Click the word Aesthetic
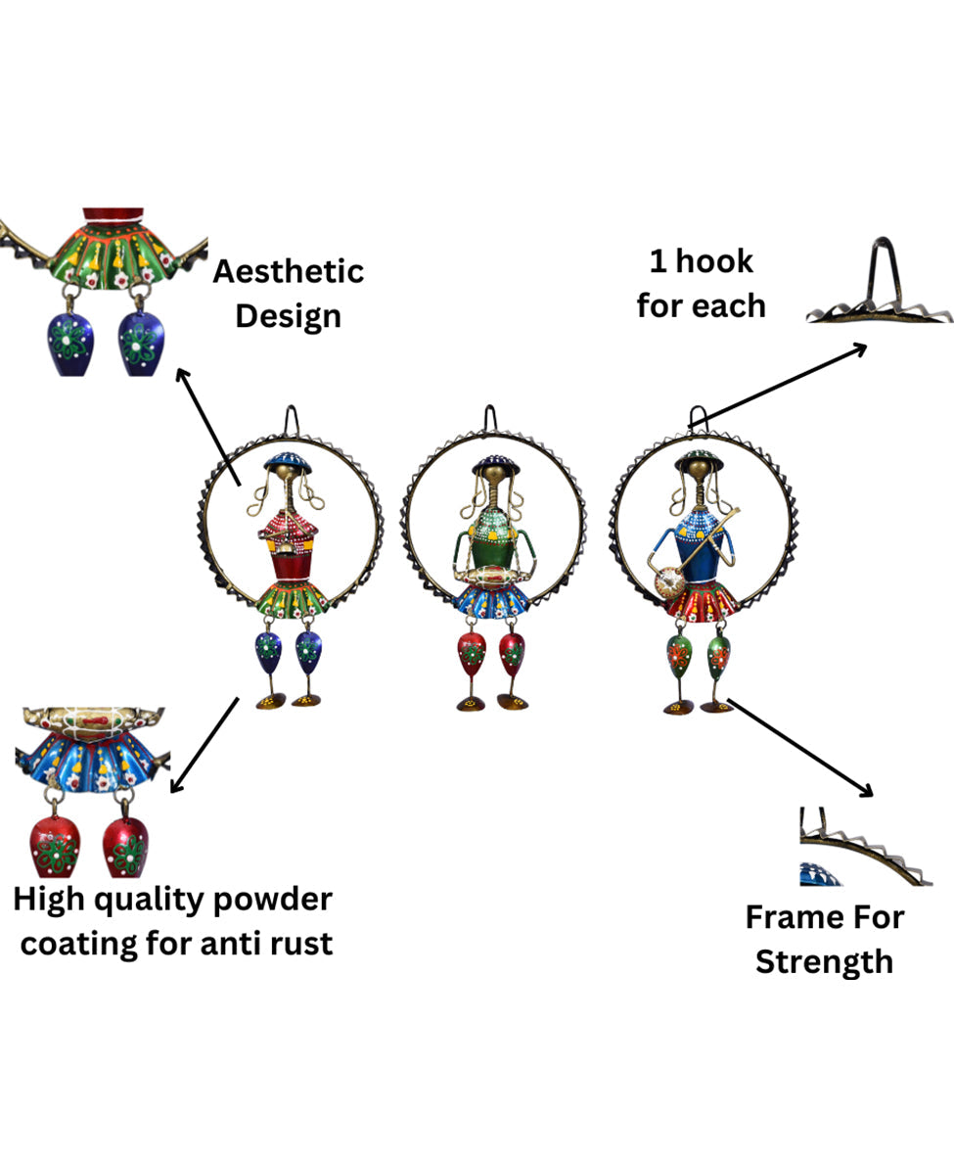[289, 271]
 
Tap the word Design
[289, 316]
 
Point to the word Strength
[824, 961]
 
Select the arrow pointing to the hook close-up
[783, 383]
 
